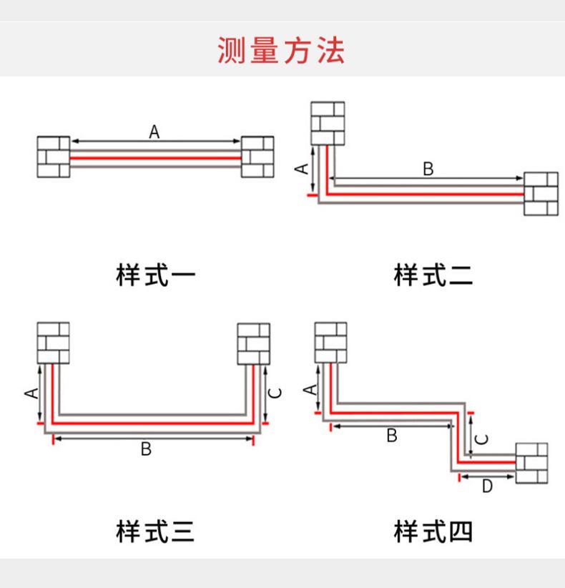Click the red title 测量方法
281,50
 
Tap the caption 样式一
156,275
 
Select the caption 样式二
433,275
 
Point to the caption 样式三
155,531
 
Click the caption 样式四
433,531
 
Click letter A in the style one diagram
154,132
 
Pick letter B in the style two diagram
428,169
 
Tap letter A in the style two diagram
302,169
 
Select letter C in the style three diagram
275,393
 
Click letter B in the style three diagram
146,449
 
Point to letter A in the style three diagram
31,393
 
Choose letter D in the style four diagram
487,486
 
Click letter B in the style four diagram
392,436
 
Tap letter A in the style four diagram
310,390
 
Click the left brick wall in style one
53,157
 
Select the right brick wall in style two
541,194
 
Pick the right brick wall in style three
253,344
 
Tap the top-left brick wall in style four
330,343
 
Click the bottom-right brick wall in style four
531,463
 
